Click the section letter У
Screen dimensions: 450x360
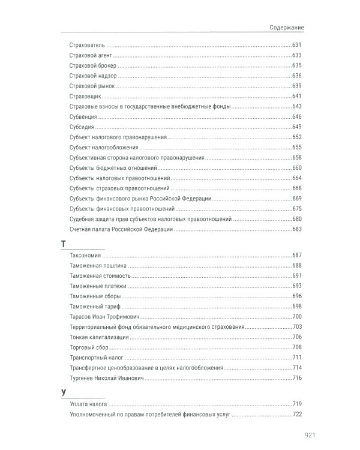click(x=62, y=392)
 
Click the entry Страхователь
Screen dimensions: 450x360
click(x=88, y=45)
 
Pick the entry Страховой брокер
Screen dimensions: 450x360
click(x=93, y=65)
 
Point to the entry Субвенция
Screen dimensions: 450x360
click(x=84, y=116)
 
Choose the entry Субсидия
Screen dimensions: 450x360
click(x=83, y=127)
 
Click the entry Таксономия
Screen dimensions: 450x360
click(x=85, y=256)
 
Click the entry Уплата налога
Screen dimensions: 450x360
click(x=88, y=404)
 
